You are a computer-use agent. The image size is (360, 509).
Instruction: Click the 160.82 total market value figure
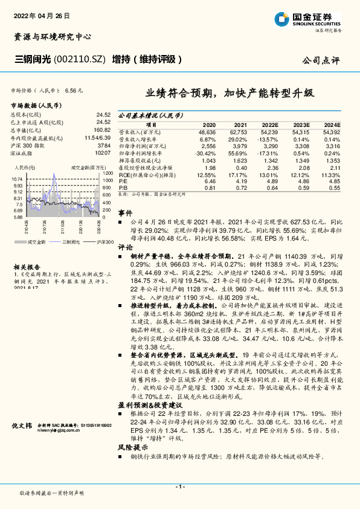coord(103,129)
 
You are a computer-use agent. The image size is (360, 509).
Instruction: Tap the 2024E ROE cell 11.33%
coord(331,175)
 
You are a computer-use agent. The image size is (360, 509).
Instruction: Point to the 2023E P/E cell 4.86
coord(302,181)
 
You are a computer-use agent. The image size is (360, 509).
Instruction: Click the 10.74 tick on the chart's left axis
coord(17,179)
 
